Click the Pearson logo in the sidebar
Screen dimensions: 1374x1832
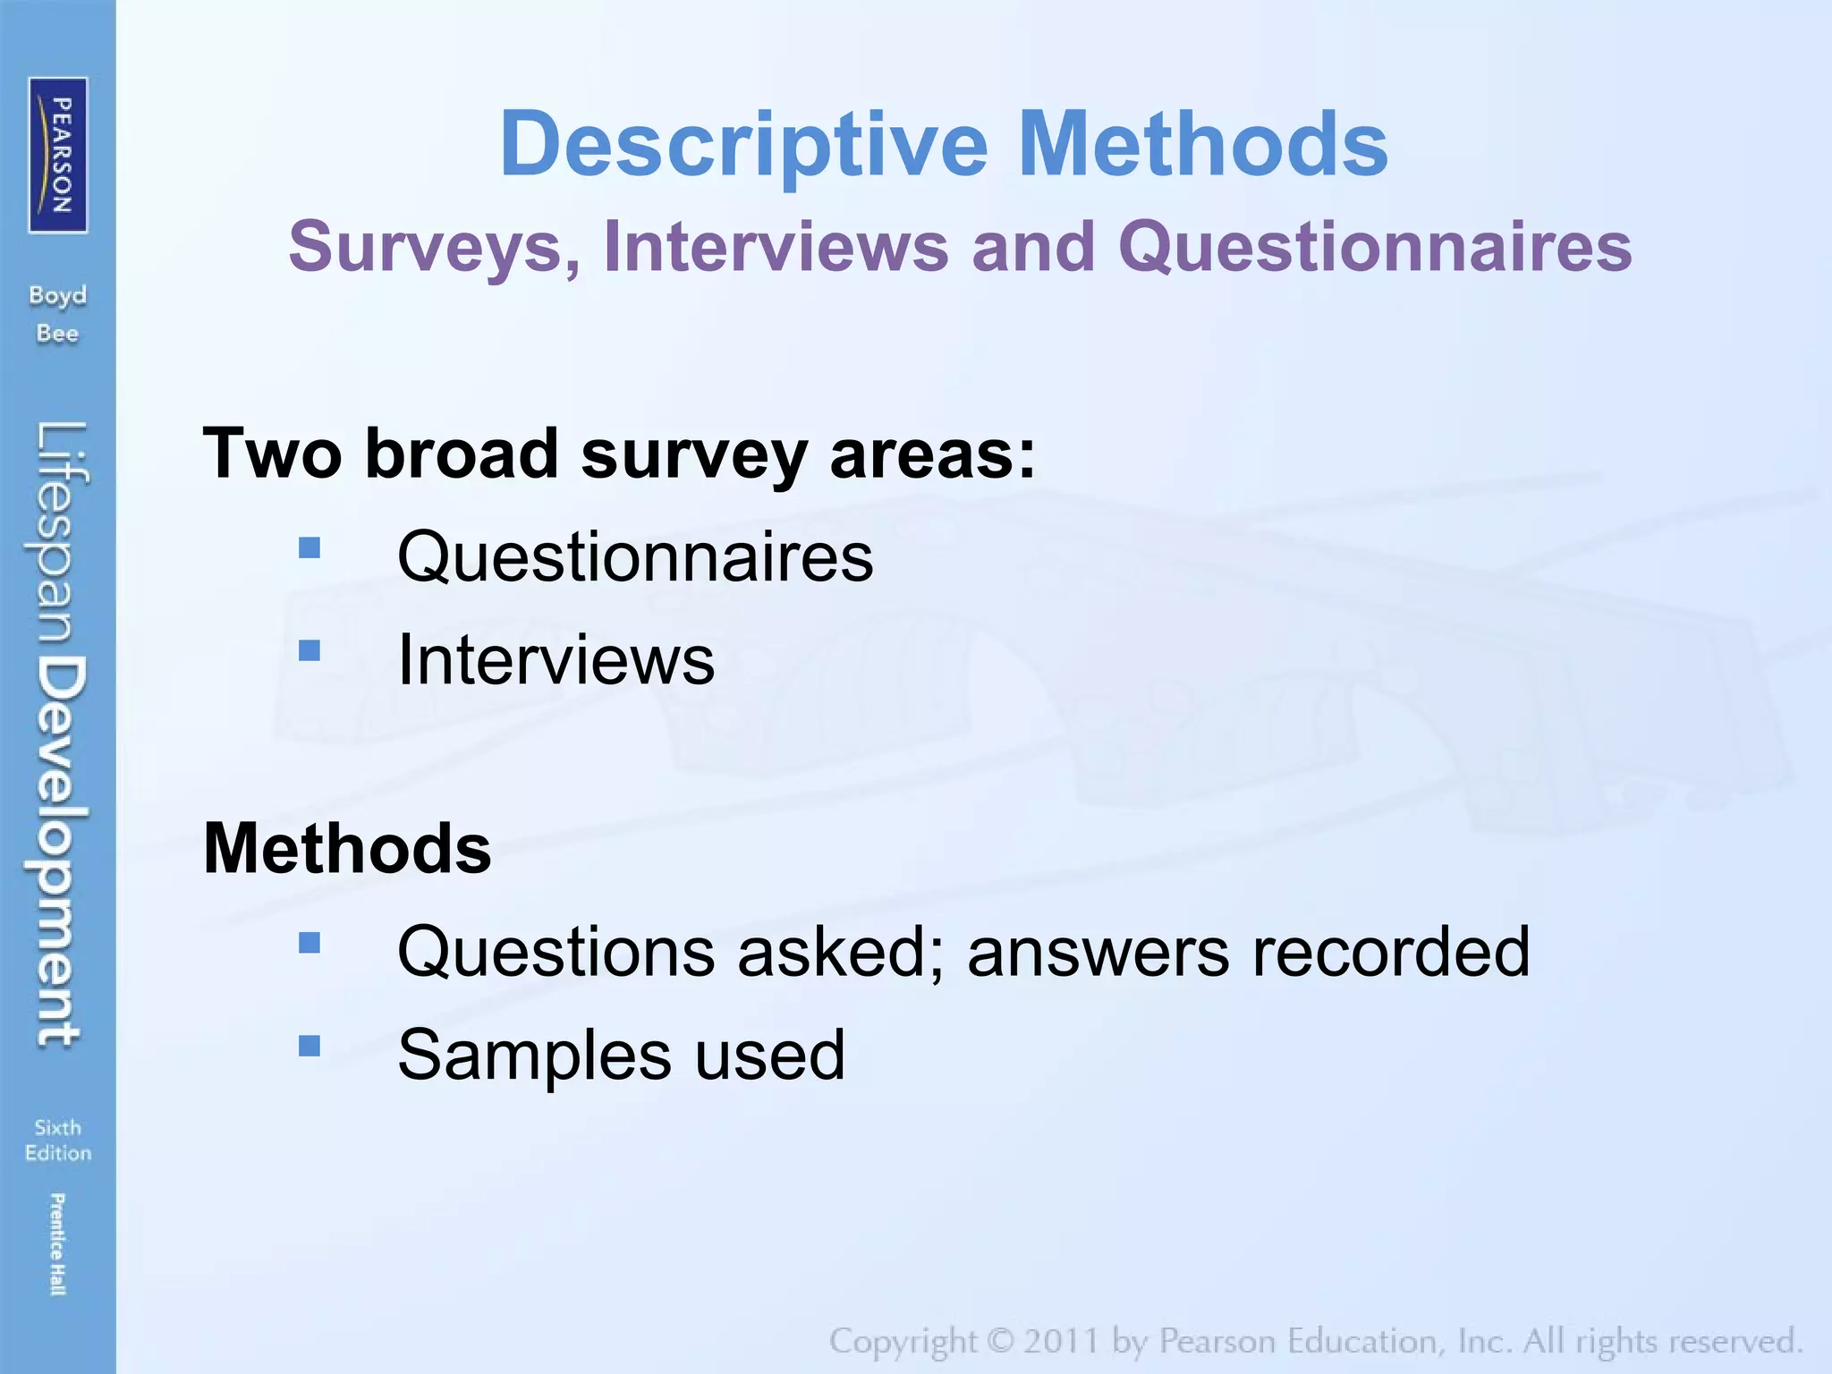coord(58,155)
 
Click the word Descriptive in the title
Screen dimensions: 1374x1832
coord(743,145)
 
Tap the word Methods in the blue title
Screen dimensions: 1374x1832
coord(1203,145)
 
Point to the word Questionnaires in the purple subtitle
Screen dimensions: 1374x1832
coord(1375,248)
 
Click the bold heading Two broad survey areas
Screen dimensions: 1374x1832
coord(619,454)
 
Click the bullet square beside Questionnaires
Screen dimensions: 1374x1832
coord(310,547)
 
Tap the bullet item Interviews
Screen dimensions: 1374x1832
coord(556,660)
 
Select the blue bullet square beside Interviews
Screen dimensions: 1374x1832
coord(310,650)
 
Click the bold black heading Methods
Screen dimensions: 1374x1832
coord(347,848)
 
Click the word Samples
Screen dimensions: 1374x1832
coord(535,1056)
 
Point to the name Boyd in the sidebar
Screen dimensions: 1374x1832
coord(57,296)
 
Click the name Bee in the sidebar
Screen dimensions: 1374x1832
coord(57,335)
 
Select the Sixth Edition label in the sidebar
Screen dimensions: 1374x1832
coord(58,1140)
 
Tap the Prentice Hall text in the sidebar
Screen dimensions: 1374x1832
coord(57,1243)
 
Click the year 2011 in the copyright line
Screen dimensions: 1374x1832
coord(1061,1342)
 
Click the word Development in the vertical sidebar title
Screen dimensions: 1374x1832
coord(59,852)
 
